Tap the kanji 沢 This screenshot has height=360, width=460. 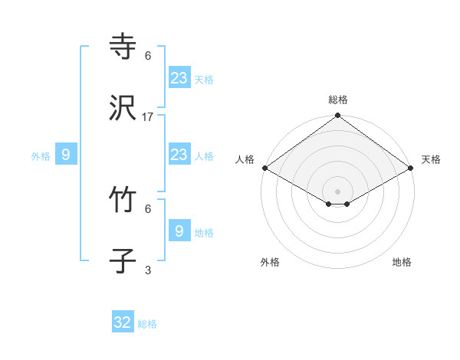point(123,110)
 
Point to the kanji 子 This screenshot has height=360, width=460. point(123,263)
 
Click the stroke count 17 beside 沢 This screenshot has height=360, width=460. point(148,117)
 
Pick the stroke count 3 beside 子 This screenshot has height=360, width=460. point(148,270)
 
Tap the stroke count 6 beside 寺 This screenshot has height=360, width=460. point(148,55)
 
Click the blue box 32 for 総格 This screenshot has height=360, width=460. point(123,322)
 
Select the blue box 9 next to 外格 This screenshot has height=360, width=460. point(66,155)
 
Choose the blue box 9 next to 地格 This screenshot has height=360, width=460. point(179,231)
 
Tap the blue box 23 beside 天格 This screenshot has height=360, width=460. point(179,77)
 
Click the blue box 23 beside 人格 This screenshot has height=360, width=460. point(179,155)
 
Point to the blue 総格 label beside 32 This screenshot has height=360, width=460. point(147,324)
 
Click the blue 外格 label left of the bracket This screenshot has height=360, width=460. point(41,156)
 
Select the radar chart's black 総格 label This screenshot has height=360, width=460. point(338,100)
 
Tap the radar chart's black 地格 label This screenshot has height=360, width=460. point(402,262)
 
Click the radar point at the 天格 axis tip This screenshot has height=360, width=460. point(412,168)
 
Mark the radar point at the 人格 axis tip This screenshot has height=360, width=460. point(264,168)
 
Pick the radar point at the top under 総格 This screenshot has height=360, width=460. point(338,116)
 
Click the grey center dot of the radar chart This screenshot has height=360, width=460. point(338,191)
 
